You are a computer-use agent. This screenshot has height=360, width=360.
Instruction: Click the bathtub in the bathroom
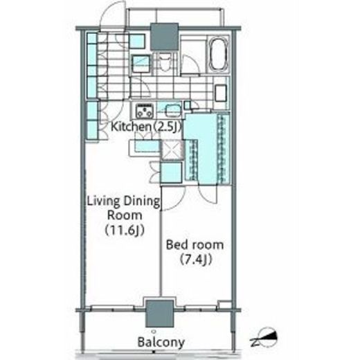point(219,54)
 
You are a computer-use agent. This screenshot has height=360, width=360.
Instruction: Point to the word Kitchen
point(131,127)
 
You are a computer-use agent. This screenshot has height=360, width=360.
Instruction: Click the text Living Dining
point(123,201)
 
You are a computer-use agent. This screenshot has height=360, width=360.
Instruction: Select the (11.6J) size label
point(125,230)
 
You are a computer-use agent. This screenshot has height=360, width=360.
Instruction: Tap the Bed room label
point(195,245)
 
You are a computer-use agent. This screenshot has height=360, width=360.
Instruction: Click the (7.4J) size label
point(196,260)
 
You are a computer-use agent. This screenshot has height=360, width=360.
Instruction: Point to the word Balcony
point(161,342)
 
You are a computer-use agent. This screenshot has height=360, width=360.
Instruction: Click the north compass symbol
point(265,338)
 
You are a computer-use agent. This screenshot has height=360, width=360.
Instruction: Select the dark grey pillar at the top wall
point(165,37)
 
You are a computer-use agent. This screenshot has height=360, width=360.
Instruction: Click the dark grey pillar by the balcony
point(159,314)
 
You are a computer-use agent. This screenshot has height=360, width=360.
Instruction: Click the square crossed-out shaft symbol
point(172,150)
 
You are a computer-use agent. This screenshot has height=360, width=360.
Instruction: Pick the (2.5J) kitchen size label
point(167,127)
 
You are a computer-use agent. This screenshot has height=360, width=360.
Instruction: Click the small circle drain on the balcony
point(154,332)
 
